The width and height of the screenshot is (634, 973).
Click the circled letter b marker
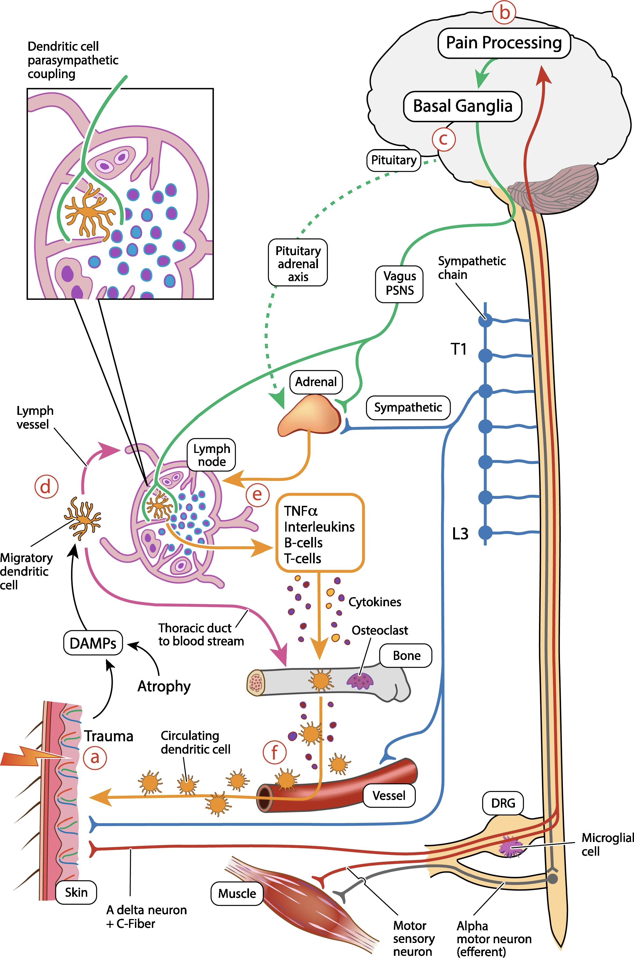tap(504, 13)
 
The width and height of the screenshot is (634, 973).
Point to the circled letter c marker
tap(443, 139)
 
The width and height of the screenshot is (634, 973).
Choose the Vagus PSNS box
tap(399, 284)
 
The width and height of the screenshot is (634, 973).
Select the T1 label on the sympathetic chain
tap(458, 349)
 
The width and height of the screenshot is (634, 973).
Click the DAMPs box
tap(93, 643)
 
